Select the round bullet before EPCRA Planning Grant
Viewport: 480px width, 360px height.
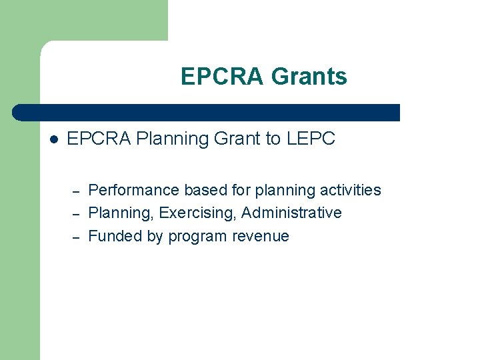(55, 139)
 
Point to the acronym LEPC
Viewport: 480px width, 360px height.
(311, 139)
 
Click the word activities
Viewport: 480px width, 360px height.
(350, 190)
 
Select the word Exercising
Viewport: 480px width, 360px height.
(198, 213)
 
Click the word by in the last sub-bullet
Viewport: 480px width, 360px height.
(154, 236)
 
